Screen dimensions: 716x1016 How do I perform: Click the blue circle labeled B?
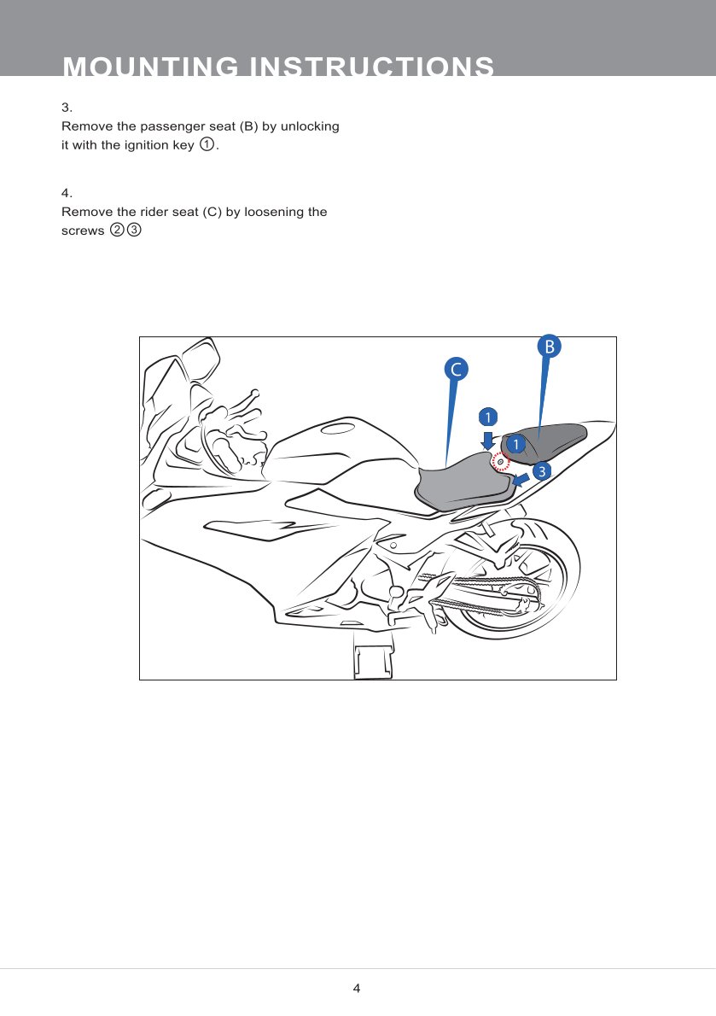549,347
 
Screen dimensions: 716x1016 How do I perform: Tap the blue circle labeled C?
456,370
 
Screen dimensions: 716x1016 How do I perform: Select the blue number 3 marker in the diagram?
542,471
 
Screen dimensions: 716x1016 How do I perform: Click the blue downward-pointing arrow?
488,441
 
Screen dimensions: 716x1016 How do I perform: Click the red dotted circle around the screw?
500,461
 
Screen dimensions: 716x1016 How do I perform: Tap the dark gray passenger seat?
543,442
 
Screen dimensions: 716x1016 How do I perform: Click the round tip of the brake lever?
255,393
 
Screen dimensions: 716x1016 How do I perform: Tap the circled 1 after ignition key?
207,144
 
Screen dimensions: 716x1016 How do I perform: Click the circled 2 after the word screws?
117,230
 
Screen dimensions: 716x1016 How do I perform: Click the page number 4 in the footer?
357,988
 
